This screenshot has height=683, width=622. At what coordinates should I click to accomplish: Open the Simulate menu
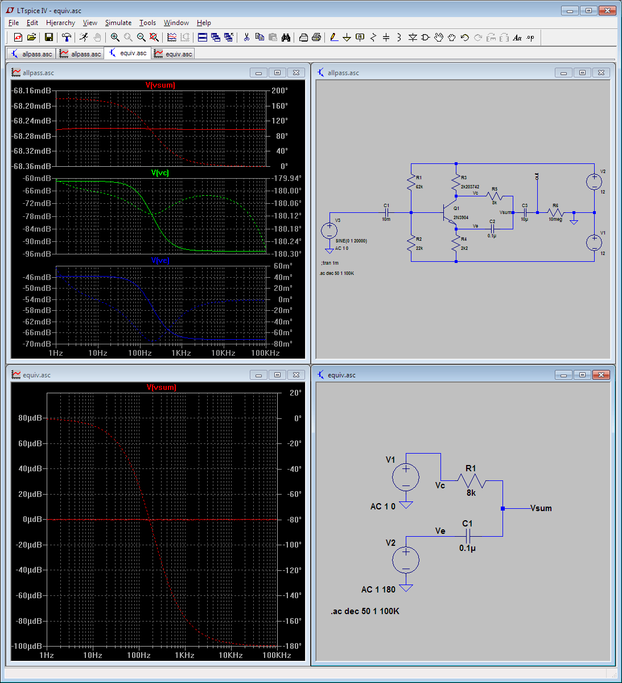[118, 23]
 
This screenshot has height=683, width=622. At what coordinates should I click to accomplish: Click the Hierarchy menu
[60, 23]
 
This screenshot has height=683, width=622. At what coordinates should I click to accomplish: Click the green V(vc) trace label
[160, 172]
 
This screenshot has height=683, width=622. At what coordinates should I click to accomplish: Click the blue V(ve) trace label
[160, 260]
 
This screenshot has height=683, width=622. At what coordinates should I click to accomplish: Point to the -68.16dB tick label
[32, 91]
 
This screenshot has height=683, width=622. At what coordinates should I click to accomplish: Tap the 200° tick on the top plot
[279, 91]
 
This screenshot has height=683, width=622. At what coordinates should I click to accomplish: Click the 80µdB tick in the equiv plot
[30, 418]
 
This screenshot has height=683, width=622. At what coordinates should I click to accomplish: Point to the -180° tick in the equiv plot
[293, 646]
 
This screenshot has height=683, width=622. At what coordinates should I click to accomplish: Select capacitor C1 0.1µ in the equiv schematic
[468, 536]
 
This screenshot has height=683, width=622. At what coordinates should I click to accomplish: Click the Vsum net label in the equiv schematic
[541, 508]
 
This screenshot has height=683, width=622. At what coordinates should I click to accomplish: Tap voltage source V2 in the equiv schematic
[406, 560]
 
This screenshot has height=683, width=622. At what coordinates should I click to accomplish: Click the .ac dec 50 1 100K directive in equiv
[365, 611]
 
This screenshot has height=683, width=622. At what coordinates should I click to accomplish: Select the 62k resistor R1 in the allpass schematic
[411, 182]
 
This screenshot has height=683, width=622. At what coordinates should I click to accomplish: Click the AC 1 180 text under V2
[378, 590]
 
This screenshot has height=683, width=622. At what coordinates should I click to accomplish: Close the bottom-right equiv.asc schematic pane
[601, 375]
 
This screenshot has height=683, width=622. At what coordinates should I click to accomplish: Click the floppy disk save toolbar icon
[49, 38]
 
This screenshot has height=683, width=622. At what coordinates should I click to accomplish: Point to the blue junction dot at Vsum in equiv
[502, 508]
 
